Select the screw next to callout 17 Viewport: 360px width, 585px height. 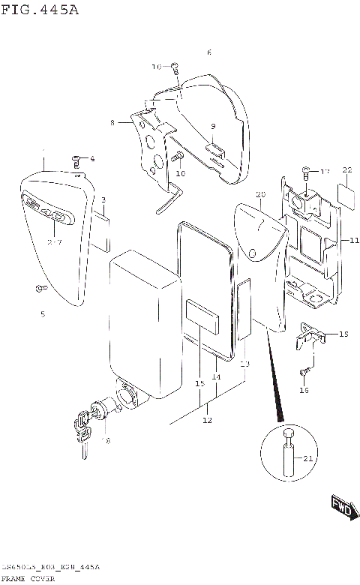[x=306, y=172]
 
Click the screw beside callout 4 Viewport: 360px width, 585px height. [x=76, y=159]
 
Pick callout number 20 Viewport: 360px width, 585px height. [x=260, y=195]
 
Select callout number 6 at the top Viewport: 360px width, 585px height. [x=208, y=52]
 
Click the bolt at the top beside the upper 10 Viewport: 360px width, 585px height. [x=174, y=67]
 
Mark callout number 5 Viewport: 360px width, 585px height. [x=42, y=313]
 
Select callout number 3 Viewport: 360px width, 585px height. [x=103, y=199]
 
